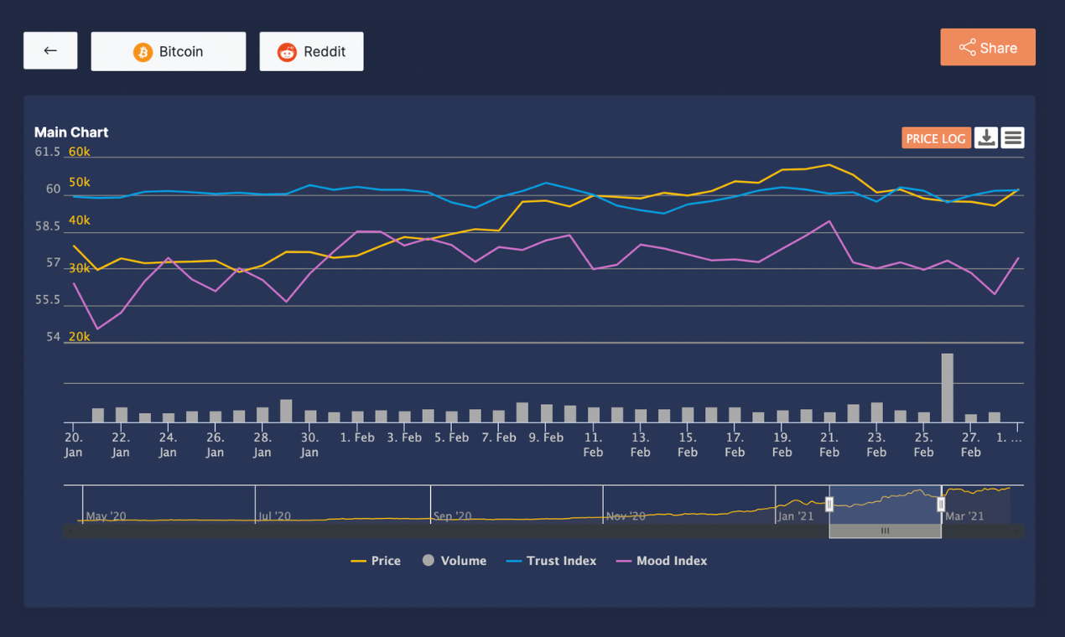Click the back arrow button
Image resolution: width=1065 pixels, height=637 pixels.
point(50,51)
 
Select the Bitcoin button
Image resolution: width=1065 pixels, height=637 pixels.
point(169,52)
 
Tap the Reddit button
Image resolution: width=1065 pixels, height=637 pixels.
point(311,52)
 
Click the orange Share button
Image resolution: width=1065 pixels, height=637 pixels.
point(987,48)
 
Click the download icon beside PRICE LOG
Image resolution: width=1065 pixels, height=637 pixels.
point(986,137)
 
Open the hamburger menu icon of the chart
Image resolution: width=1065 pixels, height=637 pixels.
point(1013,137)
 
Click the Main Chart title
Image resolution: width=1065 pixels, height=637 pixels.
point(71,132)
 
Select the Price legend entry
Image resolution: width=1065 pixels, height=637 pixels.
point(376,561)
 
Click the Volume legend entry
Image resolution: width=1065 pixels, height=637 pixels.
point(455,561)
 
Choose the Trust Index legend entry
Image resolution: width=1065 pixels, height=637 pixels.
point(552,561)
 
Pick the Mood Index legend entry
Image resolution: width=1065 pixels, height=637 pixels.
point(662,561)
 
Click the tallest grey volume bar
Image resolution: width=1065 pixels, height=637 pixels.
point(947,387)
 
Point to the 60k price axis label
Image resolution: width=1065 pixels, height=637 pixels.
point(80,152)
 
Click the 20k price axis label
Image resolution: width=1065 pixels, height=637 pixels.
point(80,337)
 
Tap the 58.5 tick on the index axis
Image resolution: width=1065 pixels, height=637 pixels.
point(47,226)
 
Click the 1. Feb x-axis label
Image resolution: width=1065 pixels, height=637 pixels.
point(357,438)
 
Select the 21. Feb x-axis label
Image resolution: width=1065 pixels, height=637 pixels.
point(829,444)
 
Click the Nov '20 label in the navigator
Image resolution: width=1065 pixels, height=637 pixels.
point(626,516)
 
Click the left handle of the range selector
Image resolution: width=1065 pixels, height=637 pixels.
point(829,504)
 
